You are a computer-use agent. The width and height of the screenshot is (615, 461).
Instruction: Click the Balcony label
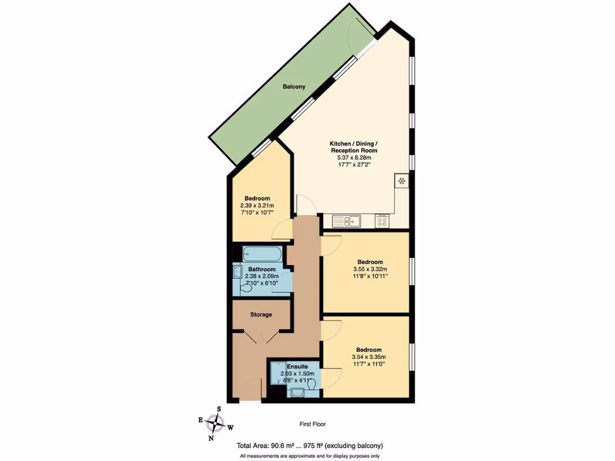tap(294, 86)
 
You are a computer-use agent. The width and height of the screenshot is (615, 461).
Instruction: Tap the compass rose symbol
tap(214, 424)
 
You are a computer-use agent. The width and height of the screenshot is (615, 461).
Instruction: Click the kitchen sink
tap(347, 221)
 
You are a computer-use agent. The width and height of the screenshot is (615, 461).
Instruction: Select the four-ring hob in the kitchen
tap(382, 221)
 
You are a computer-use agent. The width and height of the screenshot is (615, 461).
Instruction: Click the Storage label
tap(261, 315)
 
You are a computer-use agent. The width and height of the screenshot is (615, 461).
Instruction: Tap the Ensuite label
tap(297, 366)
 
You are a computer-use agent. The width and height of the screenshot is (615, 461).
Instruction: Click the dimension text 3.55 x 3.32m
tap(370, 270)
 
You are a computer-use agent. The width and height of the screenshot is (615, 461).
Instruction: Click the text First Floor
tap(313, 424)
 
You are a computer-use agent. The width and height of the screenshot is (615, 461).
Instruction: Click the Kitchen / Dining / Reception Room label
tap(353, 147)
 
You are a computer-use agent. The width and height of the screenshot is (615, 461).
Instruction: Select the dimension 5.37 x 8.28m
tap(353, 157)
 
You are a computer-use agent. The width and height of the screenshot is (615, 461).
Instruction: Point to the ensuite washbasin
tap(297, 394)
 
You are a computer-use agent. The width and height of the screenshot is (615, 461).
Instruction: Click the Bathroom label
tap(262, 270)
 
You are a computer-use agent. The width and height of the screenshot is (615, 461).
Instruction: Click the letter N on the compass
tap(211, 438)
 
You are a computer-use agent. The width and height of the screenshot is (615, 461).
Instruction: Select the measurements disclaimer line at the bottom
tap(311, 456)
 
